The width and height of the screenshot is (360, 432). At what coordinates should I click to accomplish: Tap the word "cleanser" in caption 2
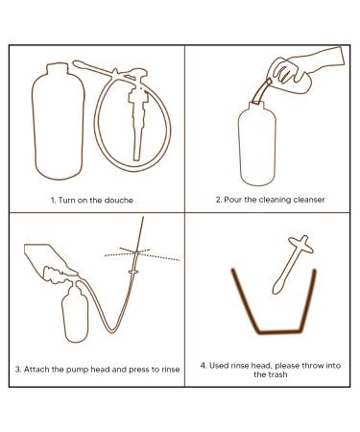coord(309,200)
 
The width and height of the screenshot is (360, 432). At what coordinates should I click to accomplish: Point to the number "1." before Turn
coord(54,201)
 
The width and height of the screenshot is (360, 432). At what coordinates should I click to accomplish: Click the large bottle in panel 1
coord(59,121)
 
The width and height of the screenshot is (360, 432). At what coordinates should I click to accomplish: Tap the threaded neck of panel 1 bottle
coord(58,68)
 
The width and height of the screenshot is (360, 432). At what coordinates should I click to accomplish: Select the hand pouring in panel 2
coord(304,70)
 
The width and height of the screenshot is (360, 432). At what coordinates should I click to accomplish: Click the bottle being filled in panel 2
coord(257,143)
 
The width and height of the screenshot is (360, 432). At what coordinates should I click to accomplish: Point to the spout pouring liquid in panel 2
coord(261,91)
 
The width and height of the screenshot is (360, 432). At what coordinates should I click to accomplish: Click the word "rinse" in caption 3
coord(171,370)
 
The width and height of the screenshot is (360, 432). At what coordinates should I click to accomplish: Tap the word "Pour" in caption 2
coord(232,200)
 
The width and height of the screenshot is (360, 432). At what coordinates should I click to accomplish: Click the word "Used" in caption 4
coord(219,366)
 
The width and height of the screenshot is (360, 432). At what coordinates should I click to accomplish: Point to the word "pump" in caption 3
coord(77,370)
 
